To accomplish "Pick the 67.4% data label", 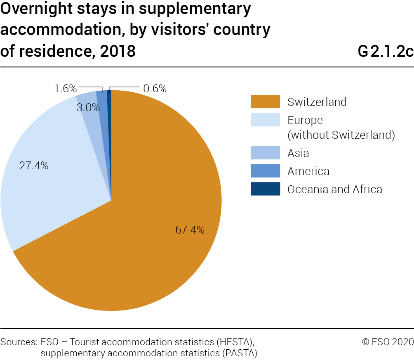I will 190,230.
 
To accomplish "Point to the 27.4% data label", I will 34,166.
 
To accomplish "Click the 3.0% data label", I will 88,108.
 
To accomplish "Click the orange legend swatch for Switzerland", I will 265,102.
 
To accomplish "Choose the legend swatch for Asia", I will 265,153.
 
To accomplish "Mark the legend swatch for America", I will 265,171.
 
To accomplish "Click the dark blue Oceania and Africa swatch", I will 265,189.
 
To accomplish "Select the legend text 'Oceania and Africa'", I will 334,189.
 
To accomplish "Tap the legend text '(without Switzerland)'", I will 341,135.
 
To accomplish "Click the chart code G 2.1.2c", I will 386,52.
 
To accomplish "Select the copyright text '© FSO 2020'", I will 388,341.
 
